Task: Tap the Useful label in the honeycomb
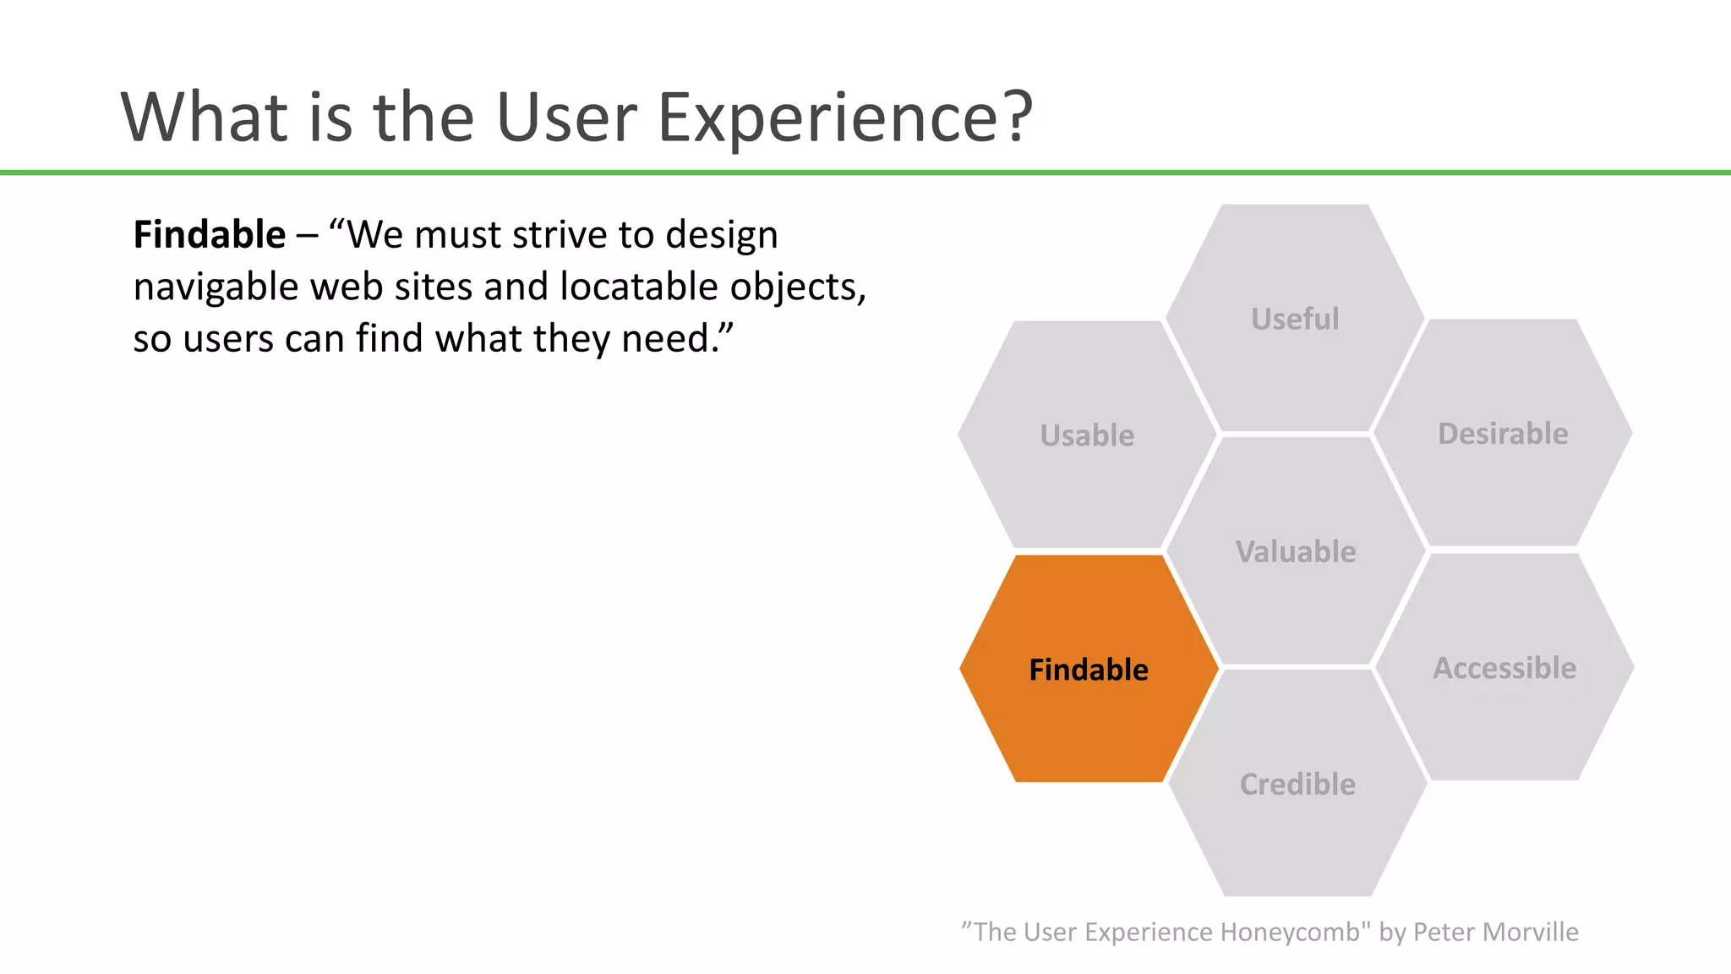tap(1295, 319)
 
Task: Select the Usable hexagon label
tap(1087, 435)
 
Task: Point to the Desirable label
tap(1503, 434)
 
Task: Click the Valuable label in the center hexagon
tap(1296, 552)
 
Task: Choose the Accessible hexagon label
tap(1504, 668)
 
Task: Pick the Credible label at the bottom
tap(1297, 785)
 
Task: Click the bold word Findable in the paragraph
tap(210, 235)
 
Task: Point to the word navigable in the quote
tap(216, 288)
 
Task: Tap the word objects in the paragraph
tap(797, 288)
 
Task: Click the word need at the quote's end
tap(668, 339)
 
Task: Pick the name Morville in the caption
tap(1530, 932)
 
